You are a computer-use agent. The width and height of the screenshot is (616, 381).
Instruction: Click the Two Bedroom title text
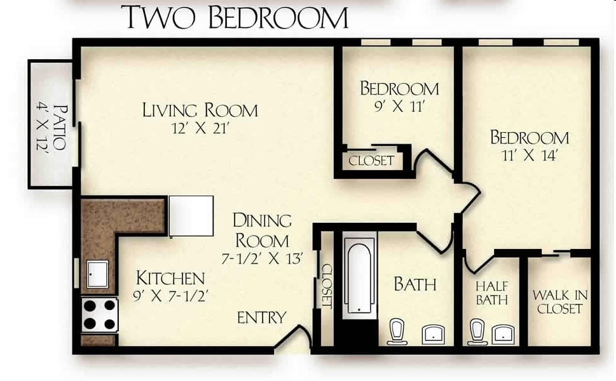point(236,17)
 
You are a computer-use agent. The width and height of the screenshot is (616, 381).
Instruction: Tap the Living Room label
point(200,110)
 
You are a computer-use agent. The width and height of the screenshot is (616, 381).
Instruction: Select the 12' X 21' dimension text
point(200,128)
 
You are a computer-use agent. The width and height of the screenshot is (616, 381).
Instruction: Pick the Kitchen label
point(170,278)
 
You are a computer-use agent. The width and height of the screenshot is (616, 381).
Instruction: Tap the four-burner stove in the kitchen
point(100,314)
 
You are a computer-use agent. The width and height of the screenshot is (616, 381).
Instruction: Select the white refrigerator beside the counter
point(191,216)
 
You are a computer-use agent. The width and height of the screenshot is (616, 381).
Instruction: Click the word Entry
point(261,317)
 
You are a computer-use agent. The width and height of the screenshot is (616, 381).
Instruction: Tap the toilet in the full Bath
point(397,331)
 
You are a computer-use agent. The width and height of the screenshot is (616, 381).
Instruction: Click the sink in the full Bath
point(434,332)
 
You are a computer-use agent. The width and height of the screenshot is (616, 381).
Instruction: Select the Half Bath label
point(491,293)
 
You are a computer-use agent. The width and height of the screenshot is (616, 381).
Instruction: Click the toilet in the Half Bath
point(477,331)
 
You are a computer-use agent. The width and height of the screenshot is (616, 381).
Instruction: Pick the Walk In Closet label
point(559,302)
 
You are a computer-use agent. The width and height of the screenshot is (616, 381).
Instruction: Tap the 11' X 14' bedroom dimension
point(530,156)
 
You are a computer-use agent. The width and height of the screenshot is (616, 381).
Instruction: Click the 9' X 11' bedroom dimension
point(399,106)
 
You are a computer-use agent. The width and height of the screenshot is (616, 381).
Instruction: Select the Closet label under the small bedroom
point(371,161)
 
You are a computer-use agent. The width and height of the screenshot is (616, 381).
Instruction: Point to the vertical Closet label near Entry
point(327,286)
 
